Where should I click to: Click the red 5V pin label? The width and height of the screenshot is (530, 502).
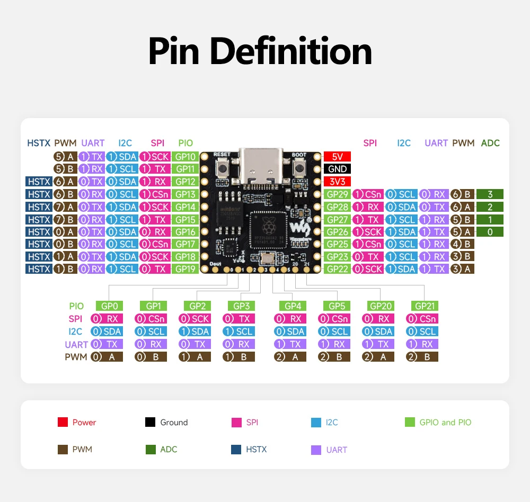coord(337,157)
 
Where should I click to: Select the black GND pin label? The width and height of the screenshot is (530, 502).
coord(337,169)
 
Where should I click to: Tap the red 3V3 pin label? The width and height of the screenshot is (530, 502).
coord(337,182)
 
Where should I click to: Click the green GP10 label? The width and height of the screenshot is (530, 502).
coord(185,157)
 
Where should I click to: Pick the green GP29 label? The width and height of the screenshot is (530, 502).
coord(337,194)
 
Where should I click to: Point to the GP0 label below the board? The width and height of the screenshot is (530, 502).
coord(110,306)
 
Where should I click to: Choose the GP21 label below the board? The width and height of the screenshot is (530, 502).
coord(425,306)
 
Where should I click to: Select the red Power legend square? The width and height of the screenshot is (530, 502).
coord(63,423)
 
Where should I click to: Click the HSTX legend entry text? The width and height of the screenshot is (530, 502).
coord(256,450)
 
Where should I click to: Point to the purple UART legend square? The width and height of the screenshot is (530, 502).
coord(316,450)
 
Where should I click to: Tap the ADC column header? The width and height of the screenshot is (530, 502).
coord(490,143)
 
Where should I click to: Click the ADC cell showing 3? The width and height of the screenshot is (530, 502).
coord(490,194)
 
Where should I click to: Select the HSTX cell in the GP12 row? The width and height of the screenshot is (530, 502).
coord(39,182)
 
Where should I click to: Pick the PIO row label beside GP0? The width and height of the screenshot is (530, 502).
coord(76,306)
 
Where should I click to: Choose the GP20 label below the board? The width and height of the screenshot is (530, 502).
coord(381,306)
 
